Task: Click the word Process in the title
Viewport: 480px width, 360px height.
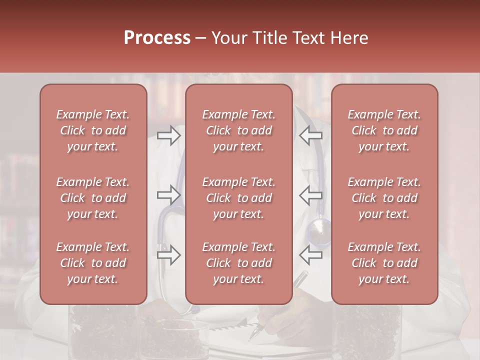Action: [157, 38]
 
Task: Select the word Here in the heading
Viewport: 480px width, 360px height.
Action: [349, 38]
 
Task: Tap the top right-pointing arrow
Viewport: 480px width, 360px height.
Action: [168, 135]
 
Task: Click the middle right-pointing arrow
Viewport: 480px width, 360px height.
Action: [168, 195]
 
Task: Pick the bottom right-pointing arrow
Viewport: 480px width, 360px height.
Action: [168, 255]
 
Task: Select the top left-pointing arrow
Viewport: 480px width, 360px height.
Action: [310, 135]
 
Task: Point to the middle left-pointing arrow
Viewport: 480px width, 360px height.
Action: [310, 195]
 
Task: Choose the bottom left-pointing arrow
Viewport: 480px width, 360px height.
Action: [310, 255]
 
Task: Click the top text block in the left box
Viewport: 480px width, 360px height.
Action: [93, 130]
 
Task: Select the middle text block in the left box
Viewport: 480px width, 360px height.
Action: [93, 198]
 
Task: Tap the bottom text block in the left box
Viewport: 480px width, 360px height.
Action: [93, 263]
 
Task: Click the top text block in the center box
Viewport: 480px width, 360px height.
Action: [238, 130]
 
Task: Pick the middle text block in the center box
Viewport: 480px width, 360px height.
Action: [238, 198]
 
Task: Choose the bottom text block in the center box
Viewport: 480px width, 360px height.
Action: [238, 263]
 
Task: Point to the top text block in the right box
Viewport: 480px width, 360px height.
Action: [384, 130]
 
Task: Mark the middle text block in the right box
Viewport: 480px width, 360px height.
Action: [384, 198]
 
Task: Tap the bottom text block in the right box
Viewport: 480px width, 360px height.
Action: [384, 263]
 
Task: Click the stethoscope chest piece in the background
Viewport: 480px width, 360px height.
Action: [318, 231]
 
